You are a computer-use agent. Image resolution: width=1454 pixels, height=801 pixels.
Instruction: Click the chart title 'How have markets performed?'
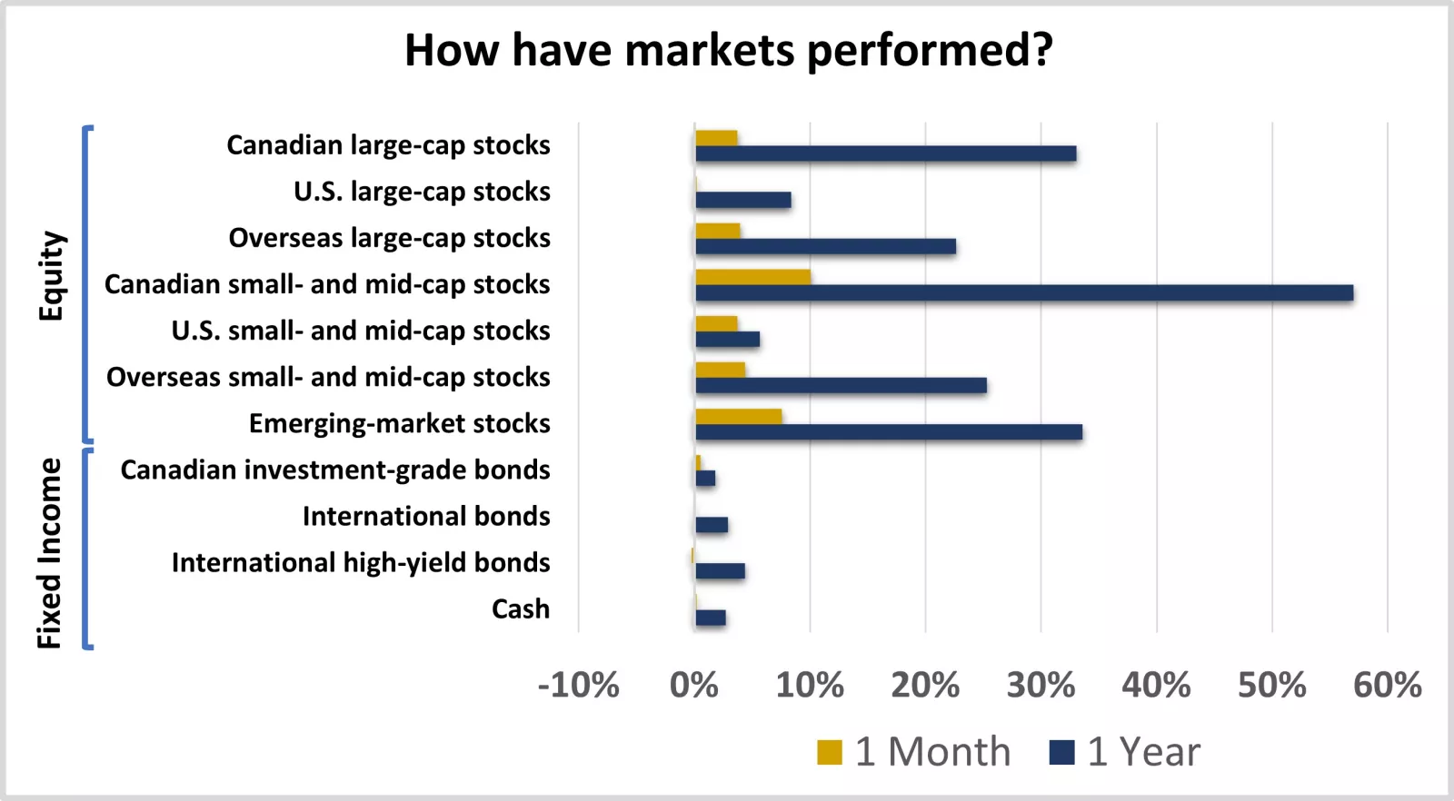click(x=728, y=50)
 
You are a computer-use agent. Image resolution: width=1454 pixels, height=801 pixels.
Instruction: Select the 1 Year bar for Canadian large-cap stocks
click(x=885, y=153)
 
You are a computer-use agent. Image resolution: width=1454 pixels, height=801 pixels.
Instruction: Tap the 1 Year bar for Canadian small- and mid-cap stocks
click(x=1024, y=292)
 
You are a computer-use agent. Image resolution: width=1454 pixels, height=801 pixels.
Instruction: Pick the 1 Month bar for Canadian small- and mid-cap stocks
click(x=752, y=277)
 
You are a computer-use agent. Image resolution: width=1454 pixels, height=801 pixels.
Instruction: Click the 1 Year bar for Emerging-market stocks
click(x=888, y=432)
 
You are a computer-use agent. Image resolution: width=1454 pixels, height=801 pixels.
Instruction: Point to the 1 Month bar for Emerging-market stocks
click(x=738, y=417)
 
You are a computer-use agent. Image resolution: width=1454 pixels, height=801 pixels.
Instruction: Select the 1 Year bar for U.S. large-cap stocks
click(x=742, y=200)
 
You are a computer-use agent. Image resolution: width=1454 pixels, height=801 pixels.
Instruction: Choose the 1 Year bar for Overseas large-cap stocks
click(x=825, y=246)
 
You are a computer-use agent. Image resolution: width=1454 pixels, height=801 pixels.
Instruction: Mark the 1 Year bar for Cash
click(x=710, y=618)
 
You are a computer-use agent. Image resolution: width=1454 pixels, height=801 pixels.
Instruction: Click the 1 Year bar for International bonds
click(x=711, y=525)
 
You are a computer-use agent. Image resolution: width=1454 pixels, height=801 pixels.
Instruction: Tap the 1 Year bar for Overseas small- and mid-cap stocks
click(x=841, y=386)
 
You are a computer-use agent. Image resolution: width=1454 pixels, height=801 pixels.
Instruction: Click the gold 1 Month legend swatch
click(x=829, y=753)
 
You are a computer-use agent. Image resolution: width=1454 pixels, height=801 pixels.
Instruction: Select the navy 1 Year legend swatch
click(x=1061, y=753)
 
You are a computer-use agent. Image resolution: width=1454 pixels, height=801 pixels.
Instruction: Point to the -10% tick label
click(x=579, y=685)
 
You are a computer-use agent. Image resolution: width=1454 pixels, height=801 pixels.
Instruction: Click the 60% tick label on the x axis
click(x=1387, y=685)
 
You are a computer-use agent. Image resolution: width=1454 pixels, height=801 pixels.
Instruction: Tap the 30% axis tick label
click(x=1041, y=685)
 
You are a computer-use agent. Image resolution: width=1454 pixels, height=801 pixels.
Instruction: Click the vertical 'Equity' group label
click(x=51, y=276)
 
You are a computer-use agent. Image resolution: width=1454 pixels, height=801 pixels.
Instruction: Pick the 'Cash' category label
click(x=521, y=608)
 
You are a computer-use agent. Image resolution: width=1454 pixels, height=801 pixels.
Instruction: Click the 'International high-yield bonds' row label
click(x=361, y=562)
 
